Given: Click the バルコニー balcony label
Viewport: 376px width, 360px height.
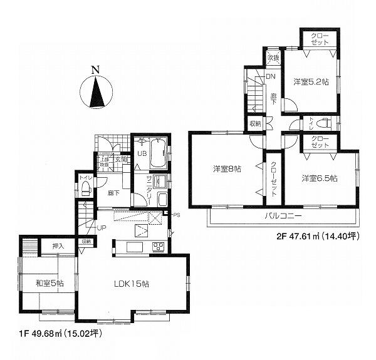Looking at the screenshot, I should click(282, 216).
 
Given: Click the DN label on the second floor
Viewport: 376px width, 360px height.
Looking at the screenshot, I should click(271, 76).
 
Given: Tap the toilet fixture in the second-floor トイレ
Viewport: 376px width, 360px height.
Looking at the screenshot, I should click(324, 123).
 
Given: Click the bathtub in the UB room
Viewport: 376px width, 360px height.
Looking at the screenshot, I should click(158, 153).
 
